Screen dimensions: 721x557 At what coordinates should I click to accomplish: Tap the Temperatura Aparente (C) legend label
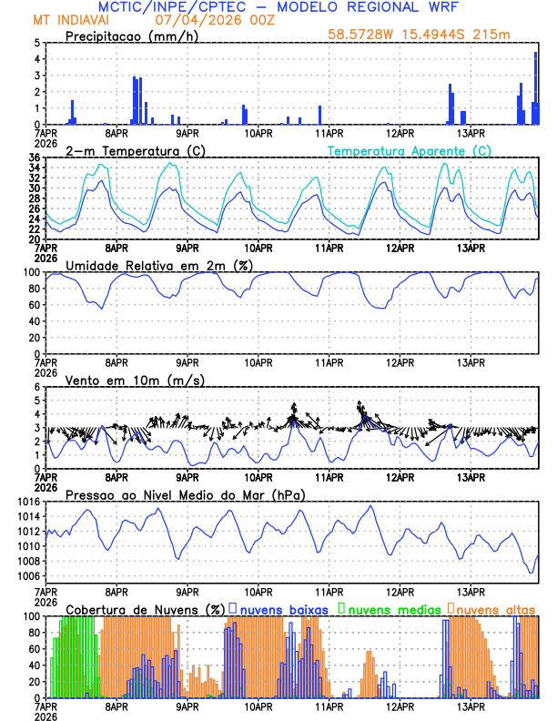[409, 150]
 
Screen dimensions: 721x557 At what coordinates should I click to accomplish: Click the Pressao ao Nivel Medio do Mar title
[185, 494]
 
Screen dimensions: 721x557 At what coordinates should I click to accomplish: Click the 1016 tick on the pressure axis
[27, 502]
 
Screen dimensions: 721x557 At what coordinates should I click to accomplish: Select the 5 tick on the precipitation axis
[37, 43]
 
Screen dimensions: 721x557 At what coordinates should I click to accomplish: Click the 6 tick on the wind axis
[37, 387]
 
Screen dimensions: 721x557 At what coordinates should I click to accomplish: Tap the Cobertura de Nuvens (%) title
[145, 608]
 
